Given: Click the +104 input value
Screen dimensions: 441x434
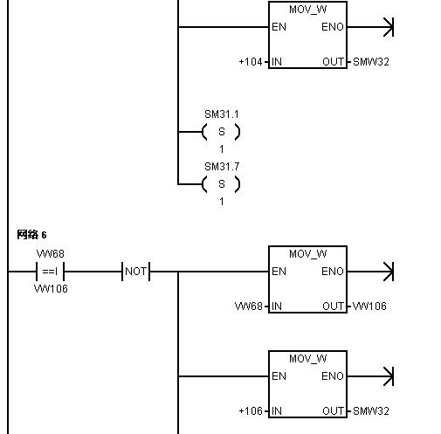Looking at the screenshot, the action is (x=251, y=62).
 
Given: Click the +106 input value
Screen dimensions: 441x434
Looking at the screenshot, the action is (x=251, y=411).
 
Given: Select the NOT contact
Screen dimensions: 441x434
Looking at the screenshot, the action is (x=135, y=272).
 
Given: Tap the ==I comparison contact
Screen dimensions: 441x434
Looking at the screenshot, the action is (x=50, y=272).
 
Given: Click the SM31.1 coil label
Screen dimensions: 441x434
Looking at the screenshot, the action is (x=222, y=114).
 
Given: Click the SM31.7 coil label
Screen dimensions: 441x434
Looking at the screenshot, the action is (x=222, y=167).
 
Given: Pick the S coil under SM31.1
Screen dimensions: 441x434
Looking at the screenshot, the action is (x=221, y=132).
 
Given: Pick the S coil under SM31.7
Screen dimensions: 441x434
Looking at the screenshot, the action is (x=221, y=184).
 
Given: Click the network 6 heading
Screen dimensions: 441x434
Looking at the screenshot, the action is (x=31, y=235).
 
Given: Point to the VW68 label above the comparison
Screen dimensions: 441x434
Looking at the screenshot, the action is (x=51, y=254).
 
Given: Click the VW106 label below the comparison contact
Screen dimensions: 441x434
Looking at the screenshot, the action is (x=51, y=289).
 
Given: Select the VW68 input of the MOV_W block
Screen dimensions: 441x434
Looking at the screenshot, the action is (x=249, y=307).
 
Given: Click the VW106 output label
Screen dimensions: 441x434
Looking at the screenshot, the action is (x=369, y=307).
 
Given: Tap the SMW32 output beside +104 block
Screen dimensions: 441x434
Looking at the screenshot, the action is (x=371, y=62).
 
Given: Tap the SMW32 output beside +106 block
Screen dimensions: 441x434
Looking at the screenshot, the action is (x=371, y=411).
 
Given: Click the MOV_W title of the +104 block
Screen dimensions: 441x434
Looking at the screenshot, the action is (x=307, y=10).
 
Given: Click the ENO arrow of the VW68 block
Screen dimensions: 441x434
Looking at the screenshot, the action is (x=370, y=272).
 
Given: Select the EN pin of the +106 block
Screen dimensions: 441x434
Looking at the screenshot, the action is (x=279, y=376).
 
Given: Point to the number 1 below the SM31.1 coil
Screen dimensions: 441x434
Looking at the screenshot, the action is (x=222, y=149).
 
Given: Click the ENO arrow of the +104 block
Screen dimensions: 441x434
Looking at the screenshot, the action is (x=370, y=27).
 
